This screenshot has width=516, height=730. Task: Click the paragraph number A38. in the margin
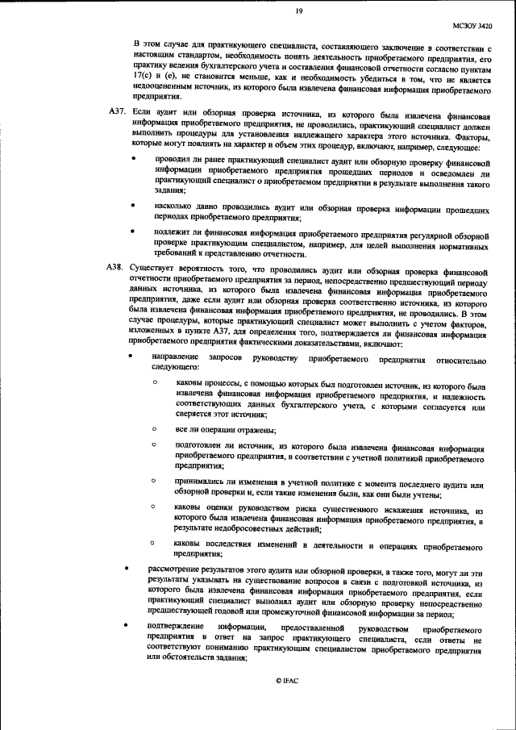(117, 266)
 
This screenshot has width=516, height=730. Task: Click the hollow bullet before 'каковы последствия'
(153, 544)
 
